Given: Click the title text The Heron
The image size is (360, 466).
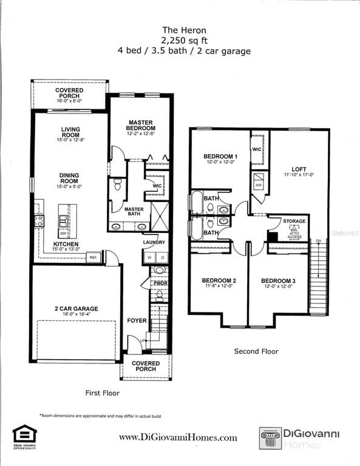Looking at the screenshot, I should tap(183, 29).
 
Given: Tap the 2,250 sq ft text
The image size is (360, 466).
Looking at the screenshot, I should tap(183, 40).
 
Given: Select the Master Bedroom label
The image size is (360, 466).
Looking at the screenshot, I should tap(140, 125).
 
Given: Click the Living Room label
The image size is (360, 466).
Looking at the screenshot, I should tap(70, 132).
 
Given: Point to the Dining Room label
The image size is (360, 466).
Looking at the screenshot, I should tap(69, 178).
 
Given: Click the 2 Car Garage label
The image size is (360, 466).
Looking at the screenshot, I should tap(76, 309).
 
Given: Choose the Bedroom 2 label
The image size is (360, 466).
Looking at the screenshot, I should tap(219, 280).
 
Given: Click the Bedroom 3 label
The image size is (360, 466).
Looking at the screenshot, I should tap(278, 280).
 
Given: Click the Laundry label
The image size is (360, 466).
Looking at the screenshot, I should tap(154, 243).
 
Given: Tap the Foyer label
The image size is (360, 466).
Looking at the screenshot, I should tap(137, 320).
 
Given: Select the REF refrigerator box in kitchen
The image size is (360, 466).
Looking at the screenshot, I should tap(93, 257).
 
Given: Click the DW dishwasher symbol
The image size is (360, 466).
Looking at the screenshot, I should tap(64, 233).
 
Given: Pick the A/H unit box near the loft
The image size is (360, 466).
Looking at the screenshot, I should tap(258, 185).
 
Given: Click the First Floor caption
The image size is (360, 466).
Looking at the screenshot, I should tap(102, 393).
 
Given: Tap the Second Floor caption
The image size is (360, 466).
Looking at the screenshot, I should tap(256, 351).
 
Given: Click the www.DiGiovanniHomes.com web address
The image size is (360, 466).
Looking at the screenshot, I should tap(178, 437).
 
